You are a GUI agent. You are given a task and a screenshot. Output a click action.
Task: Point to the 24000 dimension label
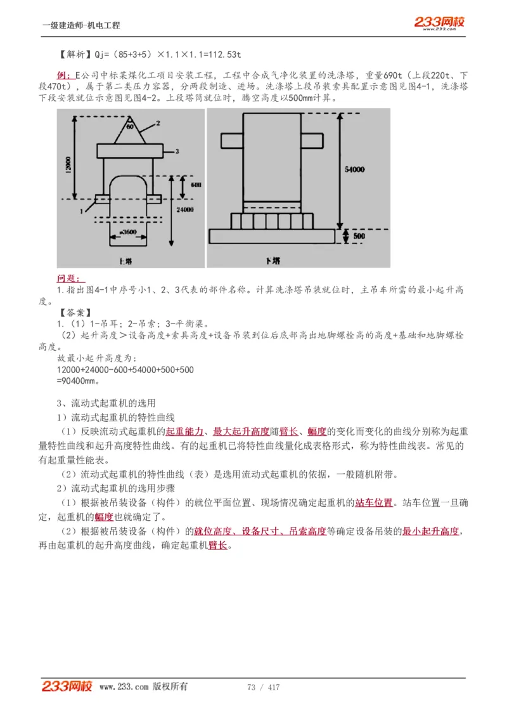coord(186,209)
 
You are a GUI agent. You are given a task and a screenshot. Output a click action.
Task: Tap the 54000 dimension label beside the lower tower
coord(355,170)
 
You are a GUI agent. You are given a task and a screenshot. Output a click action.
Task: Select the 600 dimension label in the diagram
coord(196,185)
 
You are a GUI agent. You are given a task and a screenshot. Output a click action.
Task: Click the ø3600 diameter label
coord(129,232)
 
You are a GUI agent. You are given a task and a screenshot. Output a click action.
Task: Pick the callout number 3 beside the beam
coord(178,151)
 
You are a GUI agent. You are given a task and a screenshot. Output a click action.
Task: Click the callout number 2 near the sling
coord(157,122)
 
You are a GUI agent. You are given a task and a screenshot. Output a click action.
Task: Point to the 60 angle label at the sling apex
coord(131,127)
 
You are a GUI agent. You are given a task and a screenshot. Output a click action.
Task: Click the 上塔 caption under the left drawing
coord(125,261)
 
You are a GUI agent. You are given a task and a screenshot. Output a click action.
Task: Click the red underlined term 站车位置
coord(373,503)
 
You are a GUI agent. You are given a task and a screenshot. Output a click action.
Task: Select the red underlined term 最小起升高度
coord(431,531)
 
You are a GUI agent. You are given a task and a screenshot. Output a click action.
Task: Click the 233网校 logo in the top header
coord(439,23)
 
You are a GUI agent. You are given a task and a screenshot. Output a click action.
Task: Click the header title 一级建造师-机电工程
coord(81,25)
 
